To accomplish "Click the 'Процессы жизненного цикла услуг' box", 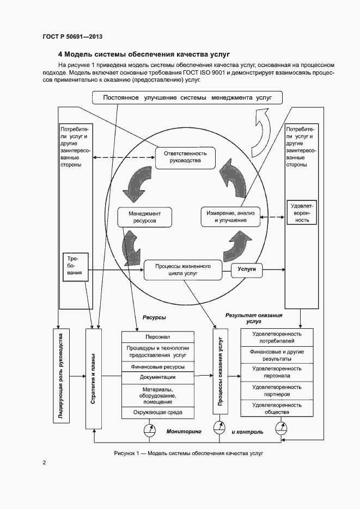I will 183,270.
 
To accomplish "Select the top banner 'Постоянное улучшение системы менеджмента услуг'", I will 188,97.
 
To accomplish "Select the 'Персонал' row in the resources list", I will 158,337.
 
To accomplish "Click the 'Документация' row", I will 158,377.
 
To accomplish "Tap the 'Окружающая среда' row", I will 158,413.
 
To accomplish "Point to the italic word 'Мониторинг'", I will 180,431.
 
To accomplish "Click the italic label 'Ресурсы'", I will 154,317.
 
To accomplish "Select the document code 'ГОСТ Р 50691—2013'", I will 72,36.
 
